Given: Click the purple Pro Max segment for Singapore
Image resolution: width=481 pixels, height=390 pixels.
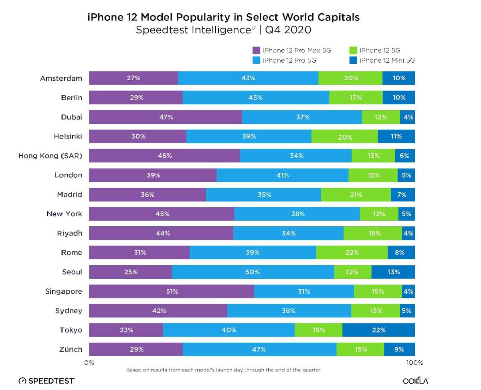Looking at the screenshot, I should click(172, 291).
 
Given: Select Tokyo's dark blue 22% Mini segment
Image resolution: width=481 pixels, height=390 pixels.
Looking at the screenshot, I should click(378, 330).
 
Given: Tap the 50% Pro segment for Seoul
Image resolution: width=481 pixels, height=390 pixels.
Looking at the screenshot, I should click(253, 272).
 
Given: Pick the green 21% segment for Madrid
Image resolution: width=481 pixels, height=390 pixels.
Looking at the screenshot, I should click(356, 195).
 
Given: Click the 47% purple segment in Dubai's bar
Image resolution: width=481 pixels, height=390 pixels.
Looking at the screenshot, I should click(166, 117).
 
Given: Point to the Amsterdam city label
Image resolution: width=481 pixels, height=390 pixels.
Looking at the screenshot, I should click(61, 78).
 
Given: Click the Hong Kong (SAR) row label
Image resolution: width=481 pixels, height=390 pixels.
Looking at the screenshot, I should click(50, 156).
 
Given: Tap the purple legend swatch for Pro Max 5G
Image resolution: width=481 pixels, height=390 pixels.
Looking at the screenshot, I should click(257, 51).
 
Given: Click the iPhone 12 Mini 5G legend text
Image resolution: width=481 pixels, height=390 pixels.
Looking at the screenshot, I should click(387, 60).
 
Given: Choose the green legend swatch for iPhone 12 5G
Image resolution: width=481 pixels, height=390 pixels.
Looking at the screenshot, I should click(353, 51).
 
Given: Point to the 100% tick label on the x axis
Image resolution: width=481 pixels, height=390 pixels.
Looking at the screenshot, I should click(414, 363).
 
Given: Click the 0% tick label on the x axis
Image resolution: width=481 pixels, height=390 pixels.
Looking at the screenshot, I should click(89, 363).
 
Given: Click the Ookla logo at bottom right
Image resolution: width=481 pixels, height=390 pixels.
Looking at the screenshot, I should click(415, 380).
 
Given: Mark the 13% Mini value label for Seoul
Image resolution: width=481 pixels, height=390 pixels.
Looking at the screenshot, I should click(393, 272).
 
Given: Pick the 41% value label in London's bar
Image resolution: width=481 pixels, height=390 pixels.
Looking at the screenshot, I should click(282, 175).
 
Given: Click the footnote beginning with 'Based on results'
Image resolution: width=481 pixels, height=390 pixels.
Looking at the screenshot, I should click(223, 370).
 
